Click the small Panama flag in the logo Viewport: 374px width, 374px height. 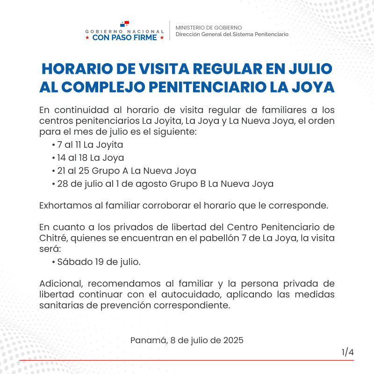pyautogui.click(x=124, y=23)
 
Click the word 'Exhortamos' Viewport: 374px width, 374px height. pyautogui.click(x=64, y=206)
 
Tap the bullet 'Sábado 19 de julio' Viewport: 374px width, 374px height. pyautogui.click(x=96, y=262)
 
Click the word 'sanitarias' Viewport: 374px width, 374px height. pyautogui.click(x=61, y=306)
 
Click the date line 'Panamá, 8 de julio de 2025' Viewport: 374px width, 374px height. pyautogui.click(x=187, y=340)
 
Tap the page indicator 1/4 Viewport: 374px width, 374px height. pyautogui.click(x=347, y=352)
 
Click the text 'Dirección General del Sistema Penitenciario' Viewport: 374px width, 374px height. pyautogui.click(x=232, y=34)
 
